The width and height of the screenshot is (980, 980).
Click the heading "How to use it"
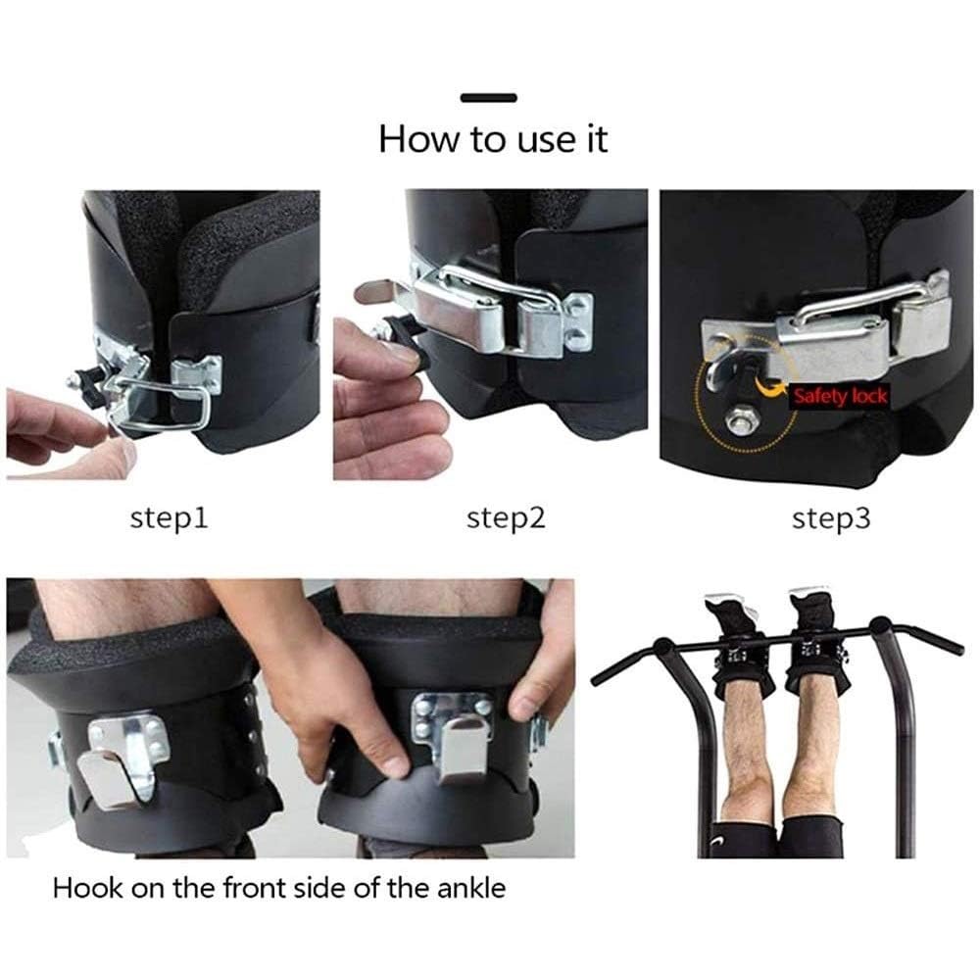coord(493,139)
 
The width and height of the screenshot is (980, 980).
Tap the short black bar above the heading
coord(489,97)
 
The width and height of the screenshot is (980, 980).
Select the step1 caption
coord(169,518)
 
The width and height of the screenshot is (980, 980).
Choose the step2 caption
coord(506,518)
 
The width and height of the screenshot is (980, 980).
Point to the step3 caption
coord(831,518)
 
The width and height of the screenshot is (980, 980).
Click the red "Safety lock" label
coord(840,396)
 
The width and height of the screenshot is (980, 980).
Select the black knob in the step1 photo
coord(84,380)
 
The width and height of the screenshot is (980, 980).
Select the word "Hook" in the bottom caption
coord(87,888)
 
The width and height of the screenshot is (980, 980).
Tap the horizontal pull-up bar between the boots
coord(774,643)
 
